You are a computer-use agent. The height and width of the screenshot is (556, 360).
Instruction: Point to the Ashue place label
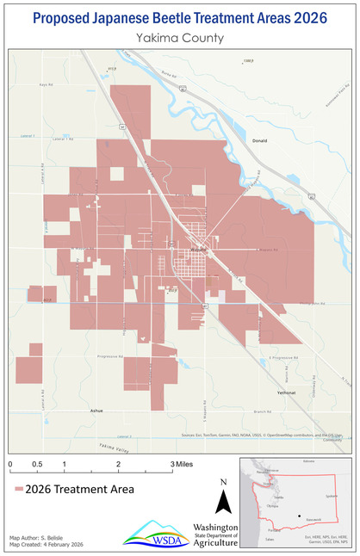pos(97,411)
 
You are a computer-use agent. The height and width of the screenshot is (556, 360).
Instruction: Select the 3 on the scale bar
pos(172,464)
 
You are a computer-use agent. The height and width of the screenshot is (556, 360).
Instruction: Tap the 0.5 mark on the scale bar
pos(37,464)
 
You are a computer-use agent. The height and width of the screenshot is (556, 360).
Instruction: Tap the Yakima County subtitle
pos(180,38)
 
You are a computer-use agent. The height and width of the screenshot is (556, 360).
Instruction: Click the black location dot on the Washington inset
pos(299,516)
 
